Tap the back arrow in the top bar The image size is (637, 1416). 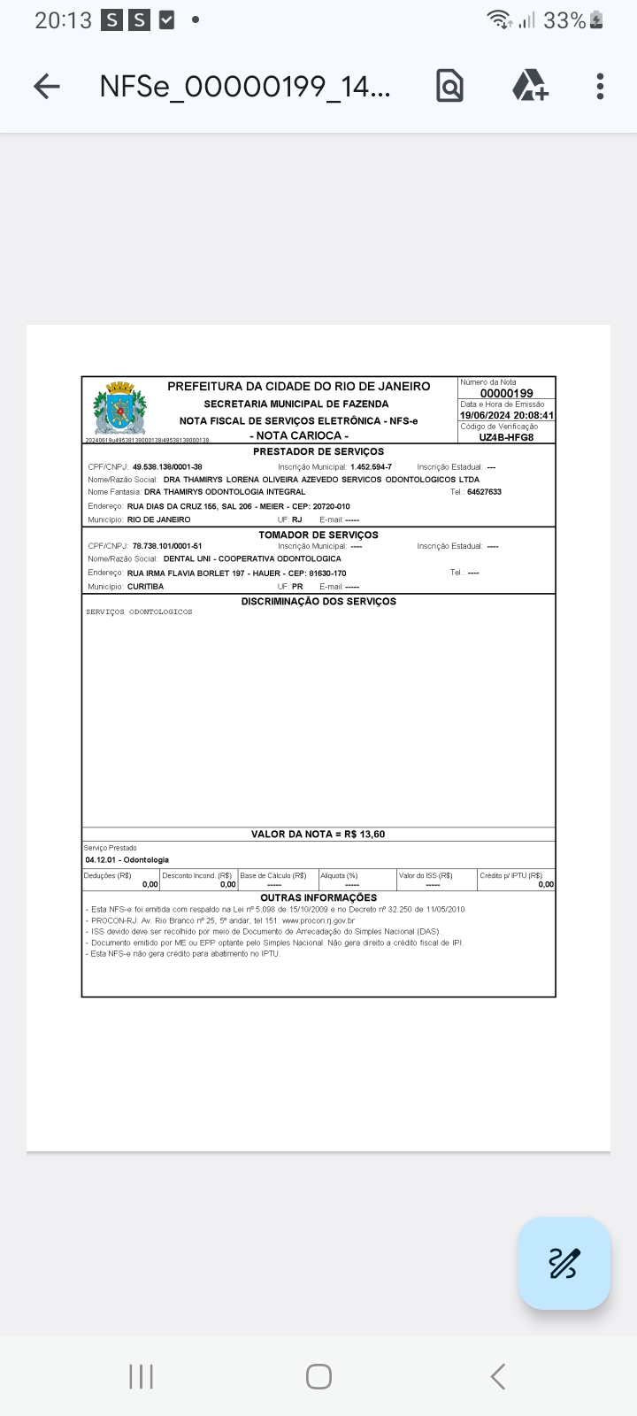[x=47, y=86]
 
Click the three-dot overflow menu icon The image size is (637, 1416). [x=600, y=86]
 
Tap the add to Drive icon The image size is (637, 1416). [x=530, y=86]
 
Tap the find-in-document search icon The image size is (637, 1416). [x=449, y=86]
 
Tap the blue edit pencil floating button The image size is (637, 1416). [x=564, y=1263]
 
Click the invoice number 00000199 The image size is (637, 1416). [x=506, y=393]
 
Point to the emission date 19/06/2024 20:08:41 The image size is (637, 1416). [x=507, y=415]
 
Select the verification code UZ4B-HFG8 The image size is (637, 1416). [x=506, y=437]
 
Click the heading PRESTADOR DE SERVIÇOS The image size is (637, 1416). [x=318, y=452]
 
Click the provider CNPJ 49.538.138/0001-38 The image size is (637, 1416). [x=167, y=466]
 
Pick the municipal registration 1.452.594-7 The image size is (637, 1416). [x=371, y=466]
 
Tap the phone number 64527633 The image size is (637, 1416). [x=484, y=492]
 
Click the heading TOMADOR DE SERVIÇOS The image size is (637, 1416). [x=318, y=535]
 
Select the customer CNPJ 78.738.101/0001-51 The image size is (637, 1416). [x=167, y=546]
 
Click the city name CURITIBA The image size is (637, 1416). [x=145, y=587]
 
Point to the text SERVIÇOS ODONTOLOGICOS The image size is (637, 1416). [x=139, y=612]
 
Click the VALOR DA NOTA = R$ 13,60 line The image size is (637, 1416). [x=318, y=834]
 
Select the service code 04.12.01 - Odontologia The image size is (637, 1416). [x=127, y=859]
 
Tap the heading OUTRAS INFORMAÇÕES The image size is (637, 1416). [x=318, y=897]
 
